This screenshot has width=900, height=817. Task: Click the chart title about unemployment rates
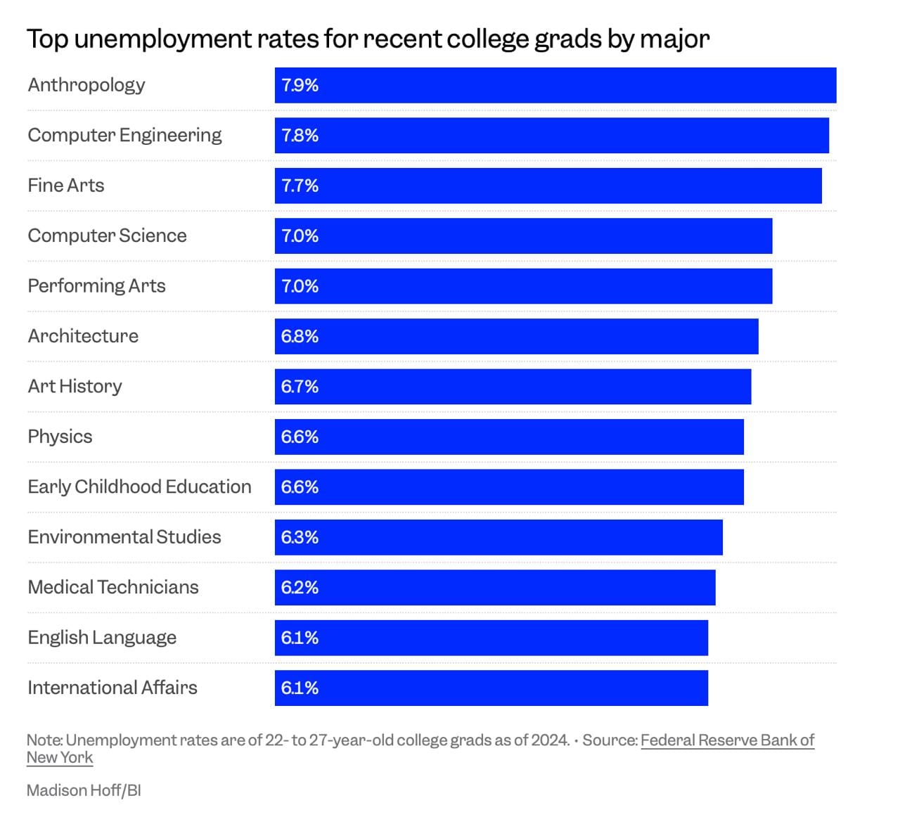(x=368, y=39)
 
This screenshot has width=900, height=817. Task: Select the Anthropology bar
(x=555, y=85)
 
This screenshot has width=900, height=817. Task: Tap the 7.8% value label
(x=300, y=136)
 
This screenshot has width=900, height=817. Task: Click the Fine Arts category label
(x=66, y=186)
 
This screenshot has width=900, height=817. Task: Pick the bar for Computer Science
(x=524, y=236)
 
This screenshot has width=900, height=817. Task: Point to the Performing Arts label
(x=96, y=286)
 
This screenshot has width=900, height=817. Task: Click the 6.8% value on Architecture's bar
(x=300, y=337)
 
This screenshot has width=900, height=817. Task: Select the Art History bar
(x=513, y=387)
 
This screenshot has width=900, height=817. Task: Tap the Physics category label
(x=60, y=437)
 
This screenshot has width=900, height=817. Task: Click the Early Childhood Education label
(x=139, y=487)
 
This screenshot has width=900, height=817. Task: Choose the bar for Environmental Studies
(x=499, y=537)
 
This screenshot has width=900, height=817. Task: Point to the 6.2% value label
(x=300, y=588)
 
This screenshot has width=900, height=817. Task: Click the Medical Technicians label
(x=113, y=587)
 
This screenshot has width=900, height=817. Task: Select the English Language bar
(x=491, y=638)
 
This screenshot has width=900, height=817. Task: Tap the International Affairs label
(x=112, y=688)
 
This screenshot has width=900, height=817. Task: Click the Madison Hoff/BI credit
(x=84, y=790)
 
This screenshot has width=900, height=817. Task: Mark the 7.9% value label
(x=300, y=85)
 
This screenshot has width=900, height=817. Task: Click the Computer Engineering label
(x=124, y=136)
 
